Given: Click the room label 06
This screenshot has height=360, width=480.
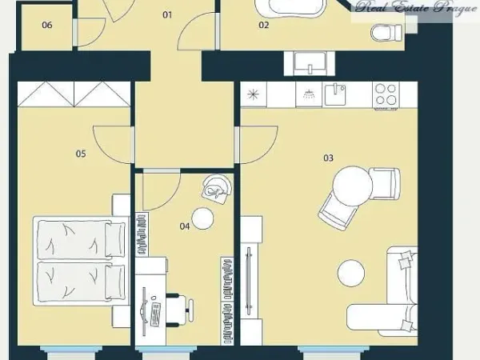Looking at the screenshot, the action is point(47,25).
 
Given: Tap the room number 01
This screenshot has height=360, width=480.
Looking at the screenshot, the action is point(167,14).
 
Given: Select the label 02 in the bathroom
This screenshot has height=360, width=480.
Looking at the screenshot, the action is point(263,25).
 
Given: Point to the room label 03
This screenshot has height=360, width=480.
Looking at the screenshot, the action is point(328,158).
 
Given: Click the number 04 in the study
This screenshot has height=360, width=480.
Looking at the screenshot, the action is point(185,226).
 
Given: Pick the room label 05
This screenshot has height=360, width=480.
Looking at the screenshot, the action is point(81,154).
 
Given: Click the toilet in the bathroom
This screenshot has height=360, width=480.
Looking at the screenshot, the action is point(386,33).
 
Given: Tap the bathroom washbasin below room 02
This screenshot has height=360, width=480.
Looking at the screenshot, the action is point(310,63).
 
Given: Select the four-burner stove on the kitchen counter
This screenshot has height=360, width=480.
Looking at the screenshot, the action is point(386,94).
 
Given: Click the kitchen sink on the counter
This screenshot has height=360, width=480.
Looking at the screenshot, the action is point(335,94).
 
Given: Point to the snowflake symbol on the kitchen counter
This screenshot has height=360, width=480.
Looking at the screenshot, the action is point(253,94).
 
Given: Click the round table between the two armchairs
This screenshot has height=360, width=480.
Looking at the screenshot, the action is point(353,186).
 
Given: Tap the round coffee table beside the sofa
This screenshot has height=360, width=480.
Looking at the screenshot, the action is point(351,273).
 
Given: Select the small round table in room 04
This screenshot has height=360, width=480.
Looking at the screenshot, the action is point(202,218).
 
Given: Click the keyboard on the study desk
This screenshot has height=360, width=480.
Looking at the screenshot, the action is point(155,314).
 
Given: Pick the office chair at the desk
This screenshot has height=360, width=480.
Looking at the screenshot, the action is point(179,310).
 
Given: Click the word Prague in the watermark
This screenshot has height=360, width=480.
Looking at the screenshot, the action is point(456,8).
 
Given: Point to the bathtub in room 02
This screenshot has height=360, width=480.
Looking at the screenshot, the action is point(290,8).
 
